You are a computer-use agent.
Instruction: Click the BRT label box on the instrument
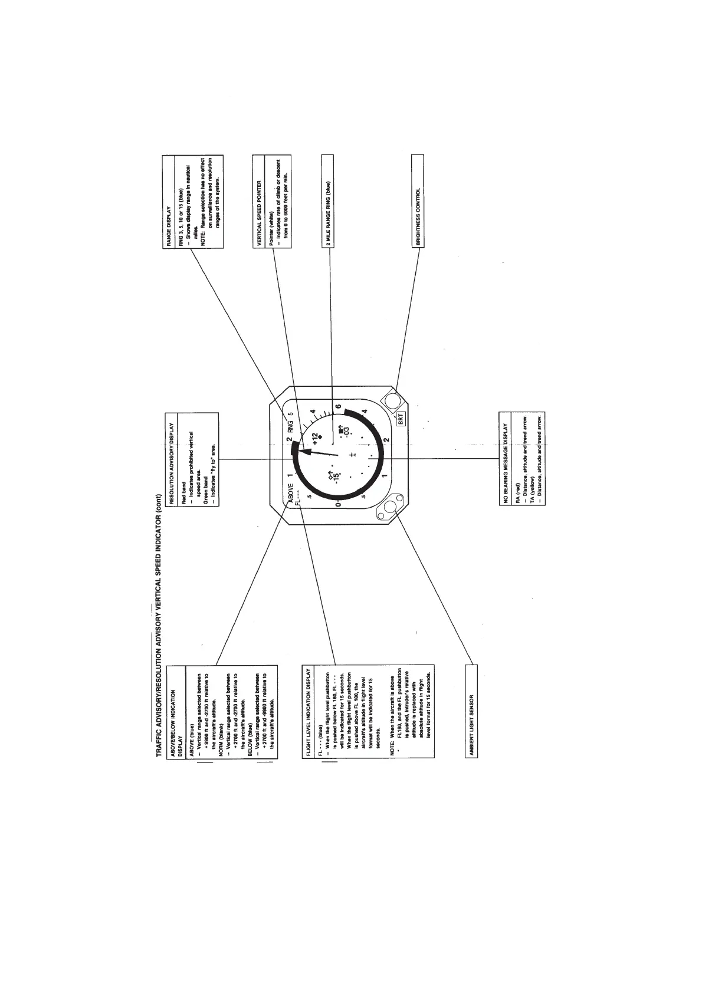coord(401,420)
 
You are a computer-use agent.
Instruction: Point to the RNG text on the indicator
coord(290,427)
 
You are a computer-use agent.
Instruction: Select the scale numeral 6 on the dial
coord(338,406)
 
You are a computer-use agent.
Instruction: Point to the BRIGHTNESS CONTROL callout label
coord(418,216)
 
